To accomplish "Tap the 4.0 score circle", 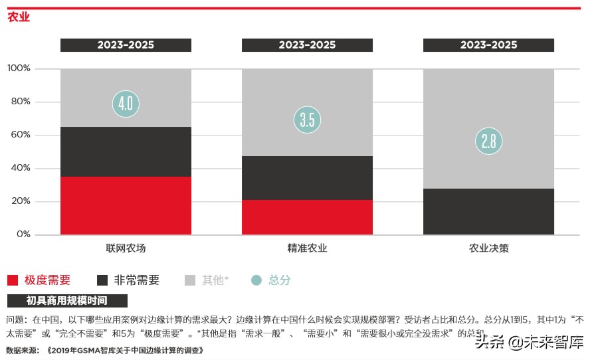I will coord(126,104).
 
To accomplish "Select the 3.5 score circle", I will coord(307,120).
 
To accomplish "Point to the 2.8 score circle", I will coord(488,141).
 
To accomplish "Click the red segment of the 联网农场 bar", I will coord(126,205).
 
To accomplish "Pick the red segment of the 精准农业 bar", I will coord(307,217).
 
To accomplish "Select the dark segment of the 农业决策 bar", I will coord(488,211).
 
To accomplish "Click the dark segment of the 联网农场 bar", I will coord(126,151).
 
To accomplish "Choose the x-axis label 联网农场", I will coord(126,248).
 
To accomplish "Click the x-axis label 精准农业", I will coord(307,248).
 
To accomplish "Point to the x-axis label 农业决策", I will coord(488,248).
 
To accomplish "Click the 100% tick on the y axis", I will coord(19,68).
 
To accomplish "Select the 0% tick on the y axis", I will coord(23,234).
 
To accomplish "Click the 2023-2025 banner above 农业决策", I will coord(488,45).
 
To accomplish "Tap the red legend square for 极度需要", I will coord(13,280).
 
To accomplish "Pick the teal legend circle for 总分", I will coord(256,280).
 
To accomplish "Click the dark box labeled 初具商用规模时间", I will coord(66,301).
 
